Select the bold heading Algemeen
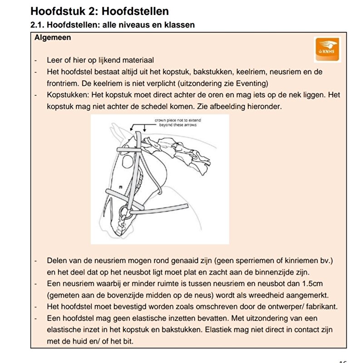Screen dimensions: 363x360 click(53, 38)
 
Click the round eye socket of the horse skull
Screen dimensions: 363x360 click(128, 161)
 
